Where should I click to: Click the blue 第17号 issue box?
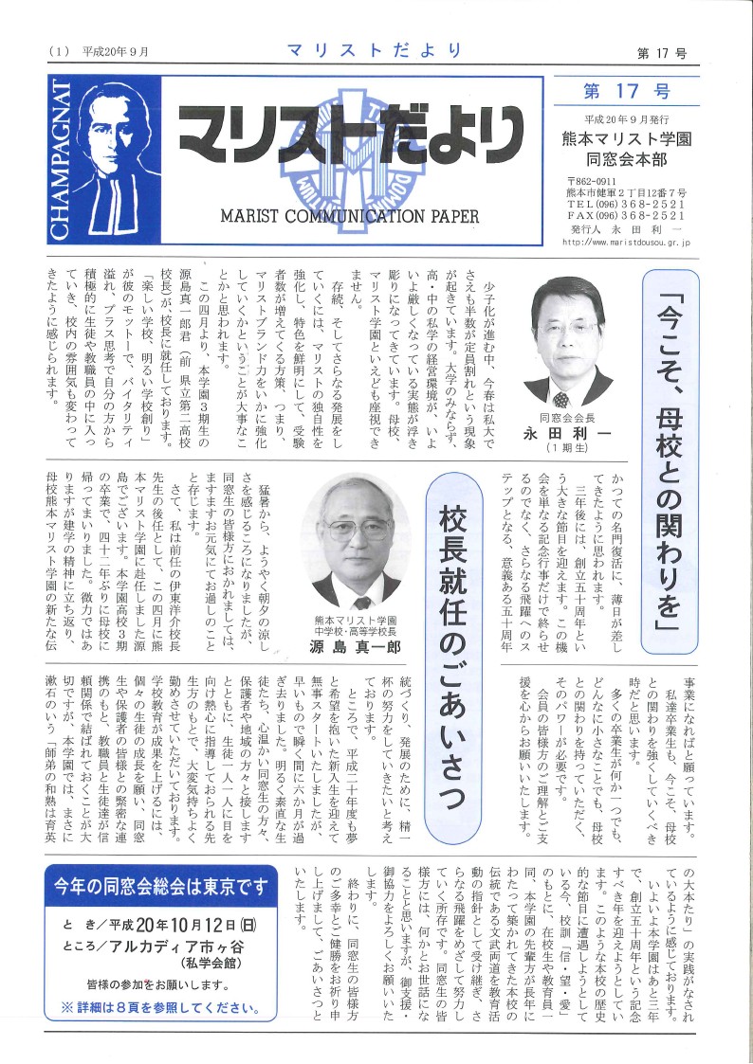click(x=626, y=92)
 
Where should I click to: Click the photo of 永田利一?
click(x=567, y=341)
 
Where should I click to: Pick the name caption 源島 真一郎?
click(x=356, y=647)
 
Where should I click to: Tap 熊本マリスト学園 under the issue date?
click(x=626, y=137)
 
